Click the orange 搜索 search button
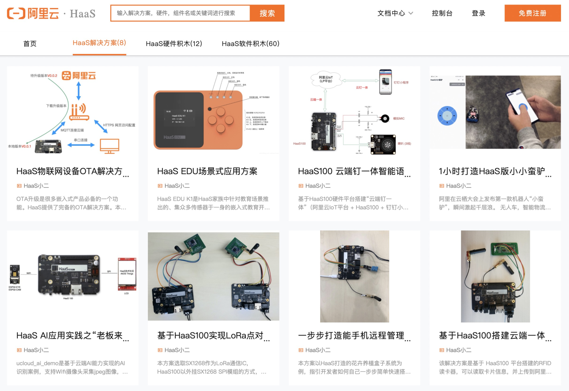tap(267, 13)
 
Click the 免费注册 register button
tap(532, 13)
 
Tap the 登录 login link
tap(478, 13)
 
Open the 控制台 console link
tap(442, 13)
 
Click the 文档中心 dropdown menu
tap(395, 13)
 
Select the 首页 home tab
tap(30, 44)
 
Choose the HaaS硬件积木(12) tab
tap(174, 44)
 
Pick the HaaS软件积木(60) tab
tap(250, 44)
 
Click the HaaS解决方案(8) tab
tap(99, 43)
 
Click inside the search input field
tap(180, 13)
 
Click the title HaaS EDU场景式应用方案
tap(207, 171)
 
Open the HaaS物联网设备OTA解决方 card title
tap(69, 171)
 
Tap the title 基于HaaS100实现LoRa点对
tap(211, 336)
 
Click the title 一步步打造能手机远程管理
tap(351, 336)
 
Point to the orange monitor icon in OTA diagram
tap(110, 146)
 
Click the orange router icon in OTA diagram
tap(79, 112)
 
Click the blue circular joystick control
tap(447, 116)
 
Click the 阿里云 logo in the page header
tap(33, 13)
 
